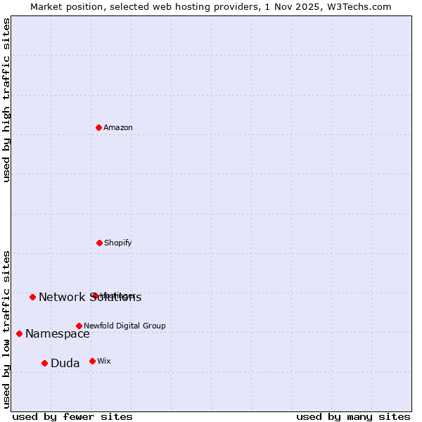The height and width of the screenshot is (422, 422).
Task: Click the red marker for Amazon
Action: (x=98, y=127)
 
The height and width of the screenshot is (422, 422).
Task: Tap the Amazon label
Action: (x=118, y=128)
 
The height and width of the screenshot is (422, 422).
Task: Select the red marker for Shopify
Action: (x=99, y=243)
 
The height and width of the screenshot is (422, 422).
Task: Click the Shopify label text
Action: (x=118, y=243)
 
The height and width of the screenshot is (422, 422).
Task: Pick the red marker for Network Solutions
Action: (x=32, y=297)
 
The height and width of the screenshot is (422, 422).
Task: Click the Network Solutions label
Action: (x=90, y=298)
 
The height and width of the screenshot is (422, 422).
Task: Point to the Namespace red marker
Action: (x=19, y=333)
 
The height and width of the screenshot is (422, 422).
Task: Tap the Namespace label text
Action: (x=58, y=334)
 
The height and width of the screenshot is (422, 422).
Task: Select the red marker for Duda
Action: (x=44, y=363)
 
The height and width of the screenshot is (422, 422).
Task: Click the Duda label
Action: (x=65, y=364)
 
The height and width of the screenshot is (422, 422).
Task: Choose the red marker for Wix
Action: (x=92, y=361)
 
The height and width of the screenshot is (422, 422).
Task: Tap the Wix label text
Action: (x=104, y=362)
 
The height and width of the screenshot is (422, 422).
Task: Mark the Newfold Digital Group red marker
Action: (x=79, y=326)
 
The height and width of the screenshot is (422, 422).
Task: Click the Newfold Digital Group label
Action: (x=124, y=326)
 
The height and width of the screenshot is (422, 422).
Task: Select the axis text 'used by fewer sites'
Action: (x=72, y=417)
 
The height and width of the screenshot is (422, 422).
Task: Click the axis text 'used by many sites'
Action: (x=353, y=417)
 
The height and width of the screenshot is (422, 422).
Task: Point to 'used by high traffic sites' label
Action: (x=7, y=101)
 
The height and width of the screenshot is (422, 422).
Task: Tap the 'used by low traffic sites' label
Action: (x=7, y=328)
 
